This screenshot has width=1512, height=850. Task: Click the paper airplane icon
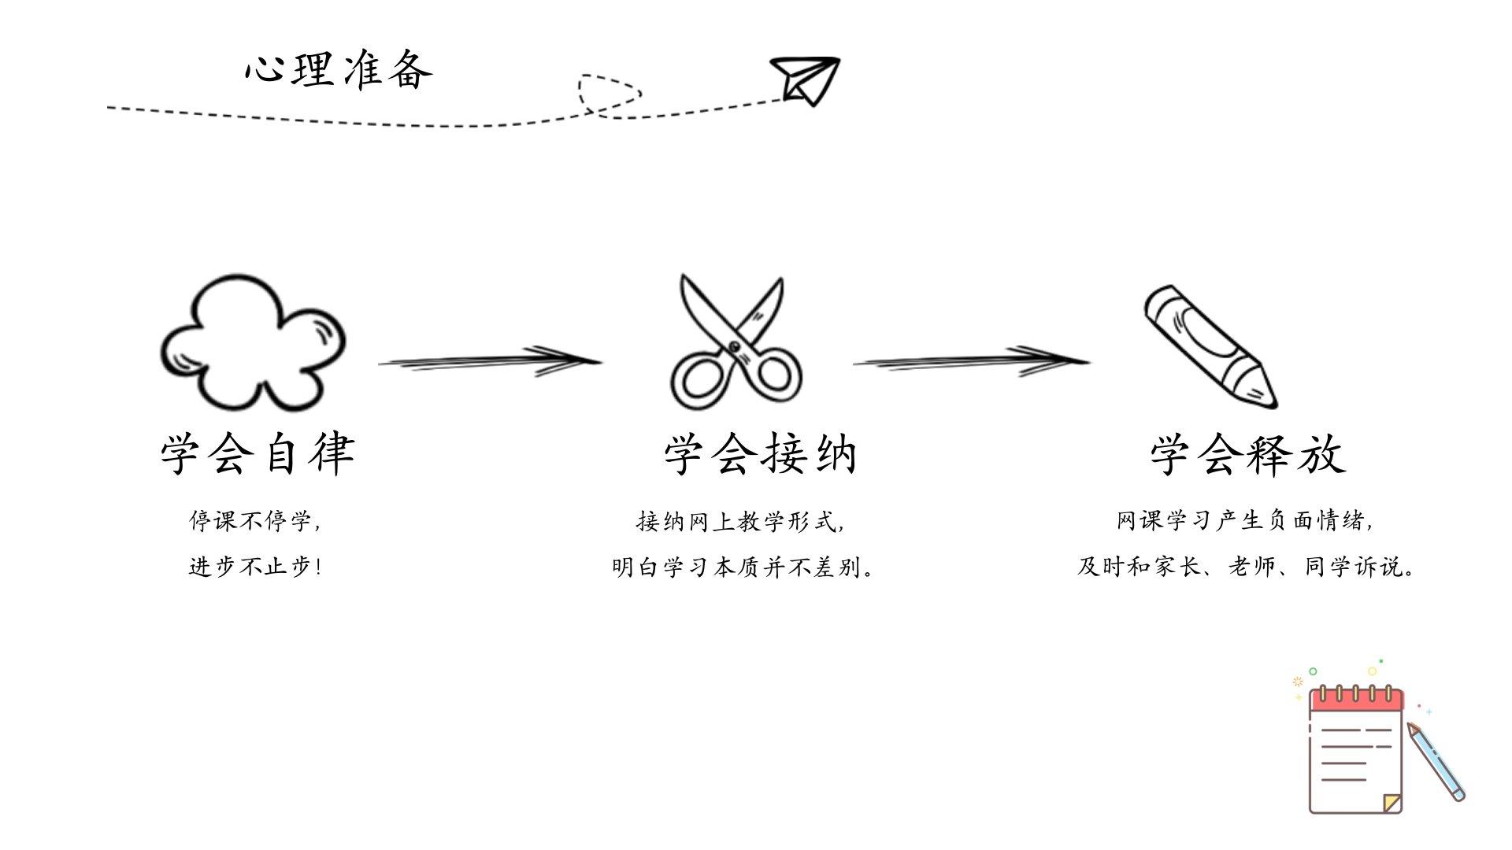click(806, 79)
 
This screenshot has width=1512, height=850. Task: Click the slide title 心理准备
click(339, 70)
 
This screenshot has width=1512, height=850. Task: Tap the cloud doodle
click(252, 343)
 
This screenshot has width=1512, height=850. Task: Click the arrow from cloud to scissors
click(488, 361)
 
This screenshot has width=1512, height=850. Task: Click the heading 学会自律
click(258, 454)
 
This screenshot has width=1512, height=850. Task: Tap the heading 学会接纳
click(760, 455)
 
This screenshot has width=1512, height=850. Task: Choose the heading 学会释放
click(1247, 455)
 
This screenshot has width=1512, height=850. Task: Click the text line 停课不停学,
click(255, 521)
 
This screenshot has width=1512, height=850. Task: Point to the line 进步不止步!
click(255, 567)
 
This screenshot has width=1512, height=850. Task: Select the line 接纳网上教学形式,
click(740, 521)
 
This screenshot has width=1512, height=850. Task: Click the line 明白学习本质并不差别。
click(743, 567)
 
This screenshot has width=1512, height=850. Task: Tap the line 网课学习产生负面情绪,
click(1244, 521)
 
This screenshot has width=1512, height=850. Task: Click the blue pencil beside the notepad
click(1437, 762)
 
